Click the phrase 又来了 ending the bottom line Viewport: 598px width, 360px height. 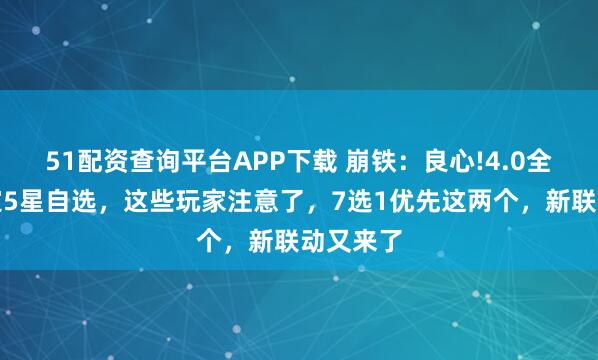pos(354,242)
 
